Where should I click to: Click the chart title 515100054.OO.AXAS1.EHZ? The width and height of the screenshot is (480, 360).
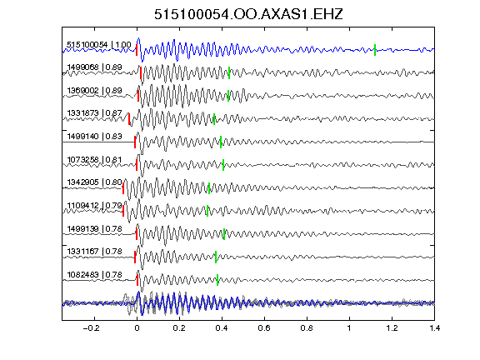248,14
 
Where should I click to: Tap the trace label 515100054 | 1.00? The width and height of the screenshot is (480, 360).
99,45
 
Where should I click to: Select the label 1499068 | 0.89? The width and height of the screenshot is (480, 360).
95,67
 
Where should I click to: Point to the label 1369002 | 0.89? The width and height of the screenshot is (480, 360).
95,91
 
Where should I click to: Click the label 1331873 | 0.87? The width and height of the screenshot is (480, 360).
95,113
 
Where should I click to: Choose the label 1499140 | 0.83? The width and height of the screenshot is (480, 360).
95,136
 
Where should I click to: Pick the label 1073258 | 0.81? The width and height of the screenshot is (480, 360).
95,159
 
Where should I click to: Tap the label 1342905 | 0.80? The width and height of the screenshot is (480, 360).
95,182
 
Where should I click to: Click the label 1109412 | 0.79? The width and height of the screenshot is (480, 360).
95,205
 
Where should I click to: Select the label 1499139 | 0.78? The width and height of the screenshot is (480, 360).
95,228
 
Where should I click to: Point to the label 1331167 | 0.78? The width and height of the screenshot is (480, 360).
95,252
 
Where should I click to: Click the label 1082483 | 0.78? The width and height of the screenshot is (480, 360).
95,275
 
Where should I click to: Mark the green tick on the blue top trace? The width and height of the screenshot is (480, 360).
375,50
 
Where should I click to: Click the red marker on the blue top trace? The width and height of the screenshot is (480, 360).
137,50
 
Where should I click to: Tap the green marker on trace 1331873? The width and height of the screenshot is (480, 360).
214,119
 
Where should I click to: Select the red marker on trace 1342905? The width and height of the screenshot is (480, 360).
123,188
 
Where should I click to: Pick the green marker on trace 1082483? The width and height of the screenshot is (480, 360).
217,280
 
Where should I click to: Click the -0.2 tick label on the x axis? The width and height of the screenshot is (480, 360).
91,328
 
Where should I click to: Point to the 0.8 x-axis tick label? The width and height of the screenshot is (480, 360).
307,328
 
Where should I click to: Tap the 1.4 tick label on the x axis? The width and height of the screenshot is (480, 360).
434,328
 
